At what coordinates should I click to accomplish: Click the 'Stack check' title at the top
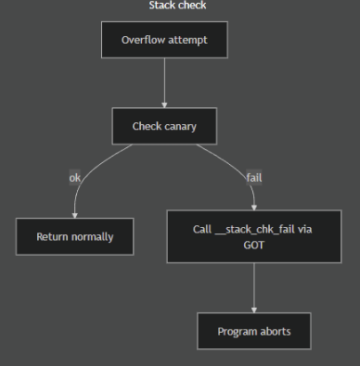click(177, 6)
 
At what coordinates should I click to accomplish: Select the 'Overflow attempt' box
click(164, 40)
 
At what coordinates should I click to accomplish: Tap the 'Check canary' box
click(164, 126)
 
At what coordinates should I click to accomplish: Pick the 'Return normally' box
click(75, 236)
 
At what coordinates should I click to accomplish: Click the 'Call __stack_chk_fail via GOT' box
click(253, 236)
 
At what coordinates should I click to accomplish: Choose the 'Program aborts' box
click(253, 331)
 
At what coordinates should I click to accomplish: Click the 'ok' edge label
click(75, 177)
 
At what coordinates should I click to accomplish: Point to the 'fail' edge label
click(253, 177)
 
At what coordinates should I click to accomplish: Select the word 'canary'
click(180, 126)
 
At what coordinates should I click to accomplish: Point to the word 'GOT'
click(253, 245)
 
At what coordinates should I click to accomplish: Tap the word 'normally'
click(93, 236)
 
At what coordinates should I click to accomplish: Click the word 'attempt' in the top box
click(186, 40)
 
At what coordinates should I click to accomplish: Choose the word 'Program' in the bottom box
click(237, 331)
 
